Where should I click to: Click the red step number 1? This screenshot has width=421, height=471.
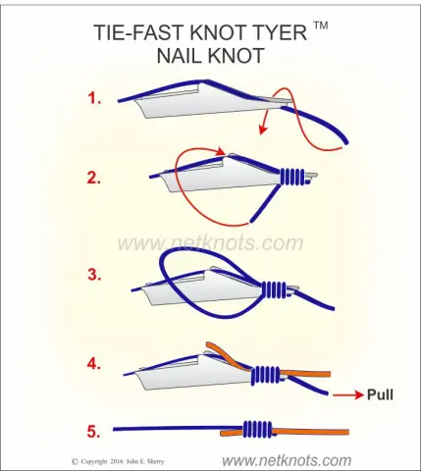pyautogui.click(x=94, y=98)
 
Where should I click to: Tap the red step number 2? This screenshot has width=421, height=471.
pyautogui.click(x=94, y=179)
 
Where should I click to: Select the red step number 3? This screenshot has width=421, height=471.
pyautogui.click(x=94, y=275)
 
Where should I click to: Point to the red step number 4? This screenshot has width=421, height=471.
pyautogui.click(x=94, y=364)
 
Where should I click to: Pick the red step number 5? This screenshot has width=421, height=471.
pyautogui.click(x=93, y=432)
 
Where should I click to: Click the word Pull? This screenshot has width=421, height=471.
pyautogui.click(x=380, y=394)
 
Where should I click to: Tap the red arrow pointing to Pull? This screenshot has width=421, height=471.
pyautogui.click(x=348, y=395)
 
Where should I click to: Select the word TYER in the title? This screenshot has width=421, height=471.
pyautogui.click(x=278, y=32)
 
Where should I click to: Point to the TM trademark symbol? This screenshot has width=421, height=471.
pyautogui.click(x=321, y=26)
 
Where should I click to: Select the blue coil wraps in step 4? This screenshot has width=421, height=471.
pyautogui.click(x=266, y=375)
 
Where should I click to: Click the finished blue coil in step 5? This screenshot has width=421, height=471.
pyautogui.click(x=258, y=429)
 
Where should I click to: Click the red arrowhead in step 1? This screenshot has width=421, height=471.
pyautogui.click(x=262, y=130)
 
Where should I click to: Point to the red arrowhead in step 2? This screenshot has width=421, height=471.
pyautogui.click(x=221, y=151)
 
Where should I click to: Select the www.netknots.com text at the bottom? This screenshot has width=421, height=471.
pyautogui.click(x=287, y=460)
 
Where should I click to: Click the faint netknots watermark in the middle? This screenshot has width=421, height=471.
pyautogui.click(x=210, y=243)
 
